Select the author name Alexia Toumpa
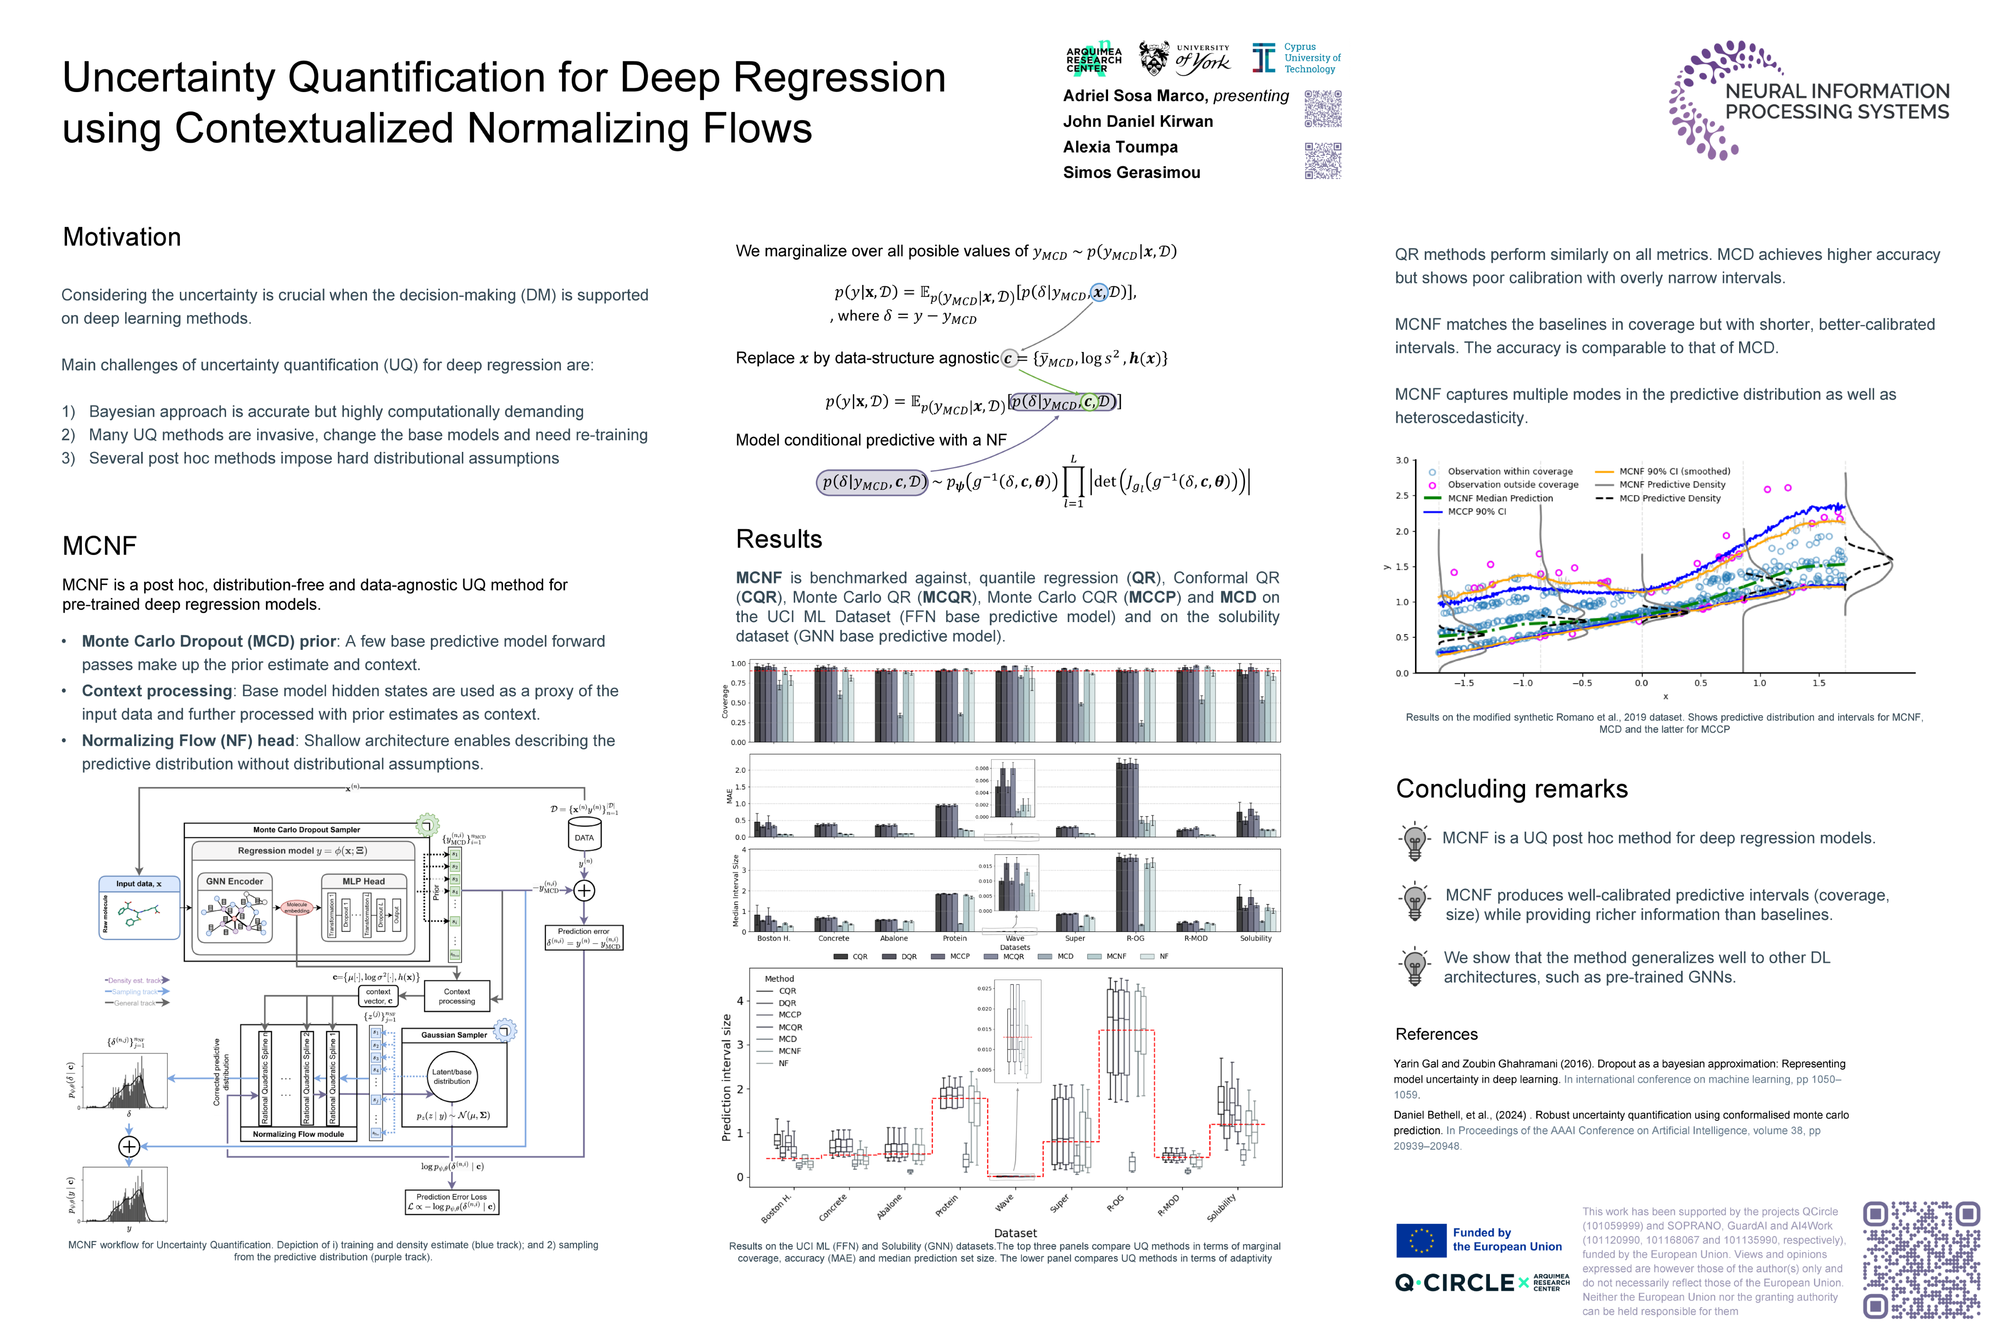click(1120, 147)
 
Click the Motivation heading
click(122, 237)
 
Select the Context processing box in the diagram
click(457, 996)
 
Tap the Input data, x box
click(139, 883)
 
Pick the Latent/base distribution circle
click(452, 1076)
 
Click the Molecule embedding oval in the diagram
click(296, 907)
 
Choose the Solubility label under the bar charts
click(1255, 939)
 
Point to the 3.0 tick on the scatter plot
click(1402, 461)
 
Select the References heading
click(1437, 1034)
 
